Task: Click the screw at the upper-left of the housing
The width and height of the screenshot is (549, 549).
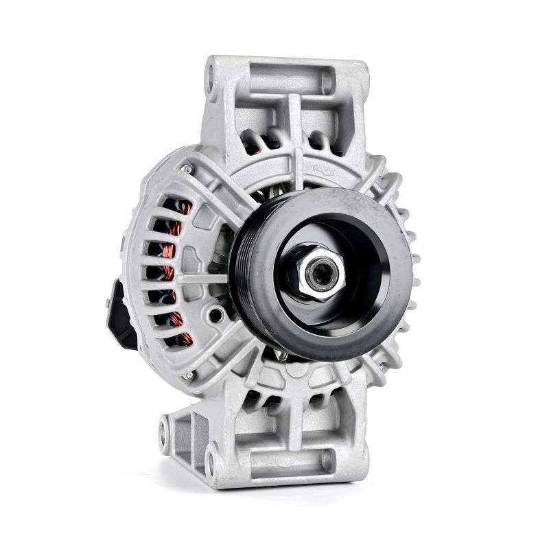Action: (186, 167)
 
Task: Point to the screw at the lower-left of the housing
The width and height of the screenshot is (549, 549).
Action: (187, 375)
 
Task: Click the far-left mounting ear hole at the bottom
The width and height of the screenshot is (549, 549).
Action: (163, 431)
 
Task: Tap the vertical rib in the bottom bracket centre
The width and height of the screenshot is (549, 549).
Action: (293, 425)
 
